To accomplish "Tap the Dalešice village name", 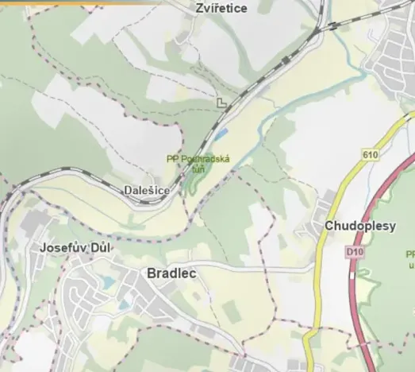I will [x=147, y=191].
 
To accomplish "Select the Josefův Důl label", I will [x=75, y=247].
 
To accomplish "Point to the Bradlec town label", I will [x=171, y=273].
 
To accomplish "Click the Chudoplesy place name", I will [x=359, y=226].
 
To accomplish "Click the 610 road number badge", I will [x=371, y=153].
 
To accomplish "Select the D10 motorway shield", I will [x=354, y=252].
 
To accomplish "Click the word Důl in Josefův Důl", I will [x=101, y=247].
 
